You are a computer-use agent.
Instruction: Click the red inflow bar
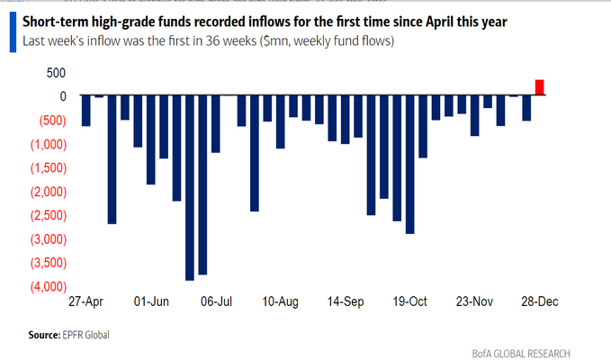click(x=539, y=87)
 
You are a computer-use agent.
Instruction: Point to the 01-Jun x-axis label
click(x=151, y=302)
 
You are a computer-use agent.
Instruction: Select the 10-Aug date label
click(x=282, y=302)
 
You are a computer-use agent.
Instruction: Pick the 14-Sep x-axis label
click(x=346, y=302)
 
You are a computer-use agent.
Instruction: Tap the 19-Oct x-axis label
click(x=411, y=302)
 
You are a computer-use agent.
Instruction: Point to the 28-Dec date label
click(x=540, y=302)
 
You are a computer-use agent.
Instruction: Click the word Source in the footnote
click(x=45, y=335)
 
